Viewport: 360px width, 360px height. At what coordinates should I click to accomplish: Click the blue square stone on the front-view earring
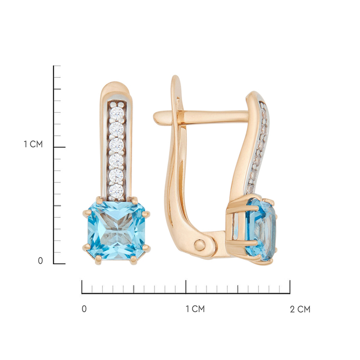(x=116, y=230)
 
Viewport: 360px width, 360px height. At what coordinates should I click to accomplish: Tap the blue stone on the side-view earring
(x=261, y=230)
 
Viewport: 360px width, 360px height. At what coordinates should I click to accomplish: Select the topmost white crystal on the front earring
(x=117, y=113)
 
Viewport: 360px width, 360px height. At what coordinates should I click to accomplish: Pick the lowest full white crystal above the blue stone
(x=116, y=190)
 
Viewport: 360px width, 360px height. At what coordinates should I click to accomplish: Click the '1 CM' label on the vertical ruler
(x=33, y=145)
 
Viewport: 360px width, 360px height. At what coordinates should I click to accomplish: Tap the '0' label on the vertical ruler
(x=40, y=261)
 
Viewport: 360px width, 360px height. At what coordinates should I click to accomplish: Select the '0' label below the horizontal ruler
(x=84, y=309)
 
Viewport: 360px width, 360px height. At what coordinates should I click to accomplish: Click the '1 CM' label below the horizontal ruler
(x=195, y=309)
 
